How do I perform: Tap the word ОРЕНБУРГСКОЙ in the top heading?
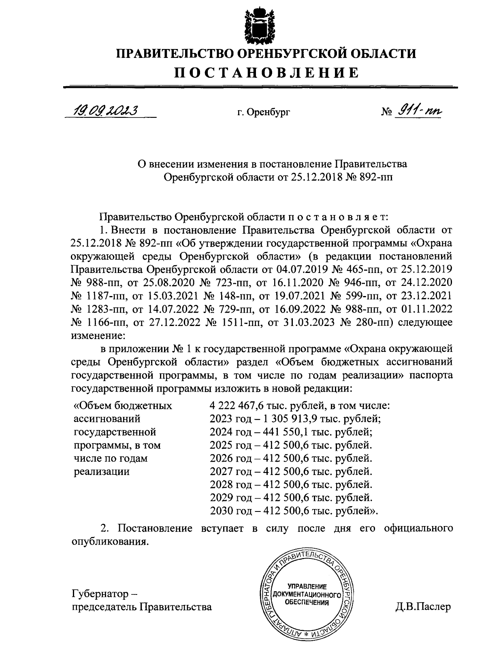point(287,53)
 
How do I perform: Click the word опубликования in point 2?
point(108,542)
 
